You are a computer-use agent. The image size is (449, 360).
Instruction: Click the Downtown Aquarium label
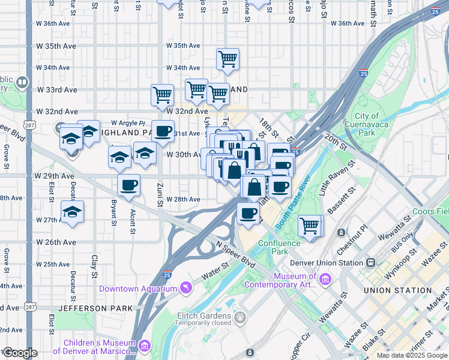(x=138, y=289)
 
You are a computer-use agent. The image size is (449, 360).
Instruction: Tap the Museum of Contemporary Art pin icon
(x=325, y=279)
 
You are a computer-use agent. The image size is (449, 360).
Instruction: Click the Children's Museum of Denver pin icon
(x=144, y=346)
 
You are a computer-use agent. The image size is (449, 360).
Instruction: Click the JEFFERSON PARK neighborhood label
(x=91, y=308)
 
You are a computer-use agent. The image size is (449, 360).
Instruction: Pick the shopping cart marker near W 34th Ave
(x=228, y=59)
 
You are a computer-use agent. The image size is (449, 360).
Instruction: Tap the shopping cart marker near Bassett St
(x=310, y=226)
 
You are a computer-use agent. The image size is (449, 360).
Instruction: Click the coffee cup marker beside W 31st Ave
(x=163, y=130)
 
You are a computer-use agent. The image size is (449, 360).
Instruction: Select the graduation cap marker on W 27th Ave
(x=73, y=212)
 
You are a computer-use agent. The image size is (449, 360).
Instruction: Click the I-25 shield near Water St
(x=167, y=275)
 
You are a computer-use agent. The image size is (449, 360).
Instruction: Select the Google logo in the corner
(x=20, y=353)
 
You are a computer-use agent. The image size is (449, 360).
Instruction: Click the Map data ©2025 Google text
(x=411, y=355)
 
